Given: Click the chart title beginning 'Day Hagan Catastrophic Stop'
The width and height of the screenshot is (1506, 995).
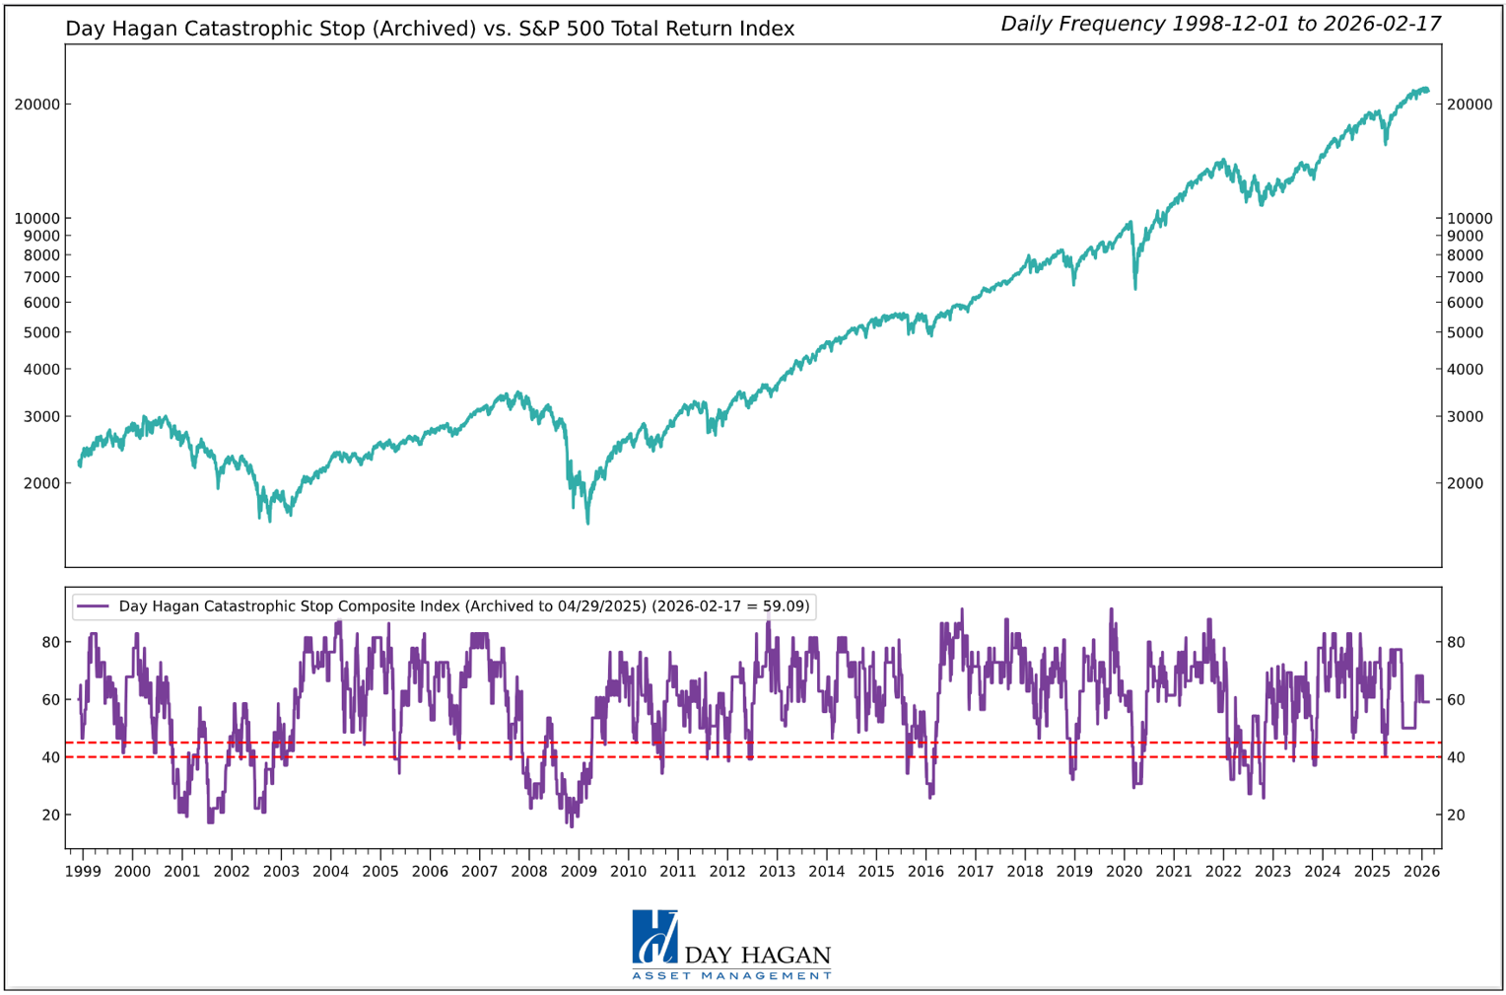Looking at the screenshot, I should coord(430,29).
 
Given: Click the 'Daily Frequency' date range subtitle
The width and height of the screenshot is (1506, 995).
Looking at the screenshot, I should coord(1220,24).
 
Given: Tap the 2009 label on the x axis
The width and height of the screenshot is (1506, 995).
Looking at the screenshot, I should coord(579,871).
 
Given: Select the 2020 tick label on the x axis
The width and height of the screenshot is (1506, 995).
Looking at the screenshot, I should coord(1124,871).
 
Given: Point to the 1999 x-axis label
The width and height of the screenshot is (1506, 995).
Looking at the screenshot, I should coord(83,871).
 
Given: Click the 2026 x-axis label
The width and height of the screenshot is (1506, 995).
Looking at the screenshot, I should coord(1421,871).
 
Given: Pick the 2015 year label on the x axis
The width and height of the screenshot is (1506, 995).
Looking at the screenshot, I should coord(875,871).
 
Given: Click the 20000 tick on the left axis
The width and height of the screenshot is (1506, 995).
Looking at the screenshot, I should coord(36,105).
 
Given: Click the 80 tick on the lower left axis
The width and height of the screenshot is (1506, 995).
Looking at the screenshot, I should coord(50,642).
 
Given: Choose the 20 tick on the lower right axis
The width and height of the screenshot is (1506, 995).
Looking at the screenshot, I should coord(1455,815).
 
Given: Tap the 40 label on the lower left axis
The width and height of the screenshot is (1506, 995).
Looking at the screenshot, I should coord(50,757).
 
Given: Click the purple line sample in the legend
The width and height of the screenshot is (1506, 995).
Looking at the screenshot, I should coord(93,606).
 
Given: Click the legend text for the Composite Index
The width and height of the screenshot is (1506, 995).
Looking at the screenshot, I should coord(463,606).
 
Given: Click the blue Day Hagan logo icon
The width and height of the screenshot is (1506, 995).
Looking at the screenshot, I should coord(654,936).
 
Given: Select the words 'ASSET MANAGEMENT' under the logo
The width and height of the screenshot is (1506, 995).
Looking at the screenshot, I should coord(731,976).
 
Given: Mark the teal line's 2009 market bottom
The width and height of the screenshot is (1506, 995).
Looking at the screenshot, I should coord(588,523).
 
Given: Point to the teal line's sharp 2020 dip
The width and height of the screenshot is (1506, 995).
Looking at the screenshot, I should coord(1135,288).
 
